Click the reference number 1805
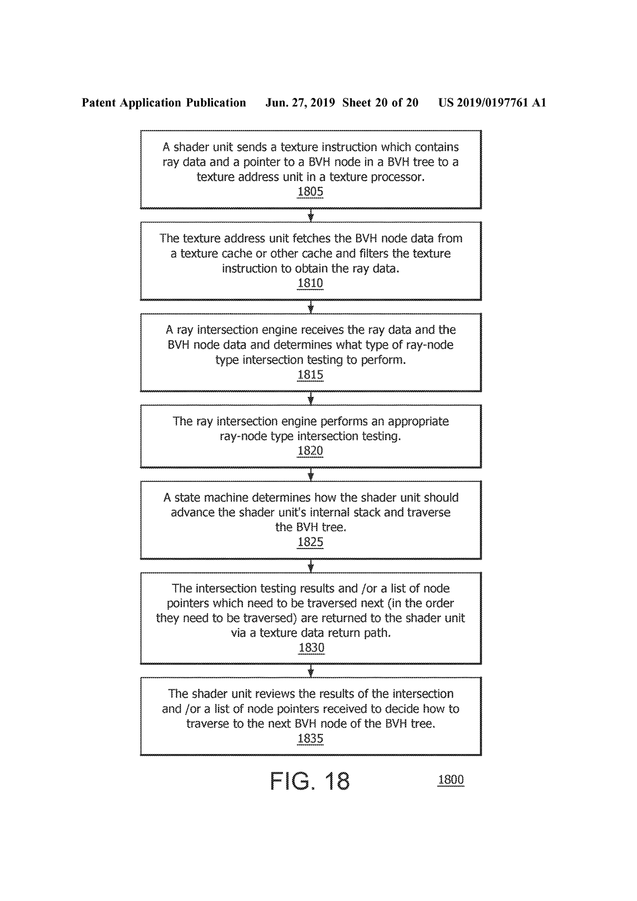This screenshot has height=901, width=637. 310,191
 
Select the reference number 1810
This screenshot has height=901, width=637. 310,283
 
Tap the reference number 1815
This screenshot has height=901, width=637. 310,374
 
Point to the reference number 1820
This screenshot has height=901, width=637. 310,450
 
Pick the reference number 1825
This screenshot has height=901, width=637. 310,542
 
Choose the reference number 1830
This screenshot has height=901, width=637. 311,648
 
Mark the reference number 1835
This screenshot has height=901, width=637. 310,739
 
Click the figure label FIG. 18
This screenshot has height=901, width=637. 310,781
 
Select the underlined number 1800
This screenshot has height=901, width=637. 451,779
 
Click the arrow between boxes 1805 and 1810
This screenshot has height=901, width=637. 311,215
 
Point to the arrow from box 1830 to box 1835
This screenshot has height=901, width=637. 311,671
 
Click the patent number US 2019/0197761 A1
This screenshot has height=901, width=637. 492,103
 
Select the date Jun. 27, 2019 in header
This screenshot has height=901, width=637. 300,103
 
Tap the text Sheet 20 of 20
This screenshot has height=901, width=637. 380,103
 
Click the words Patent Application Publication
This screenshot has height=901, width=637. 164,103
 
